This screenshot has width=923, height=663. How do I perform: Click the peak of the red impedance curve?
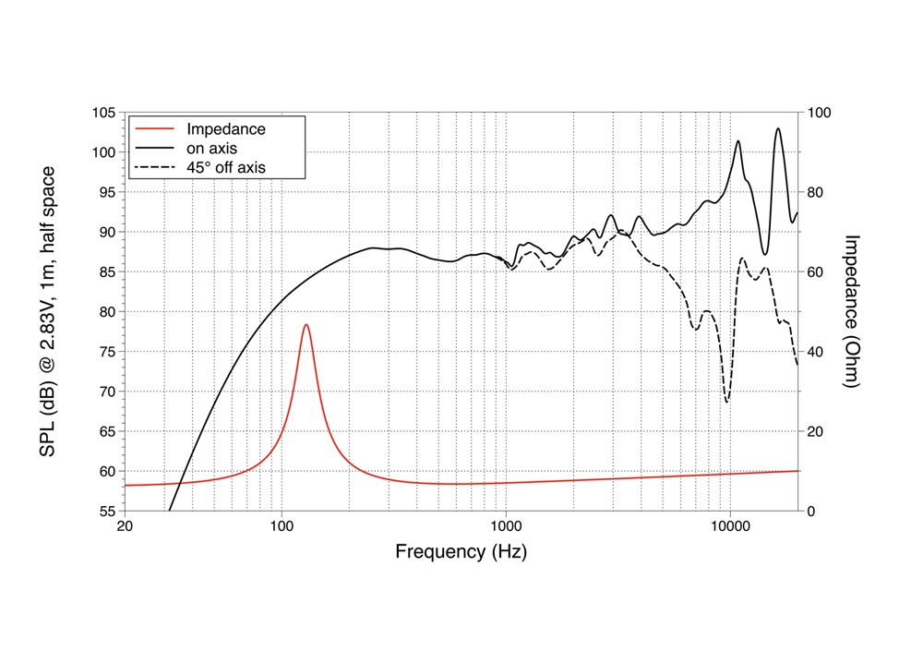[306, 325]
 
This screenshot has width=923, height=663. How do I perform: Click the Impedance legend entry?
[225, 129]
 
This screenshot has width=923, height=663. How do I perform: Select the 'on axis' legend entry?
[212, 149]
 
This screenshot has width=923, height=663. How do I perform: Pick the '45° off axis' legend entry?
[225, 168]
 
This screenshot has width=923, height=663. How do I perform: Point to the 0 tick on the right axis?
[813, 511]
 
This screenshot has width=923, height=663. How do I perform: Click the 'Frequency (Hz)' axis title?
[461, 552]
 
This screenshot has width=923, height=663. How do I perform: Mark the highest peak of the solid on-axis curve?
[778, 128]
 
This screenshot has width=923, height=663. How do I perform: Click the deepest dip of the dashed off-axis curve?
[727, 402]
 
